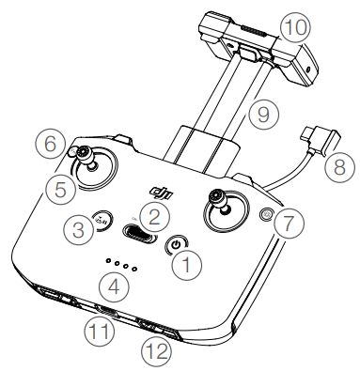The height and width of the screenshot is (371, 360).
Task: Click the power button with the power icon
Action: pos(177,244)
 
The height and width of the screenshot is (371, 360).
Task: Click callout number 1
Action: pos(187,265)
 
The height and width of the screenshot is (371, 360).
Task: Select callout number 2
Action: pos(154,217)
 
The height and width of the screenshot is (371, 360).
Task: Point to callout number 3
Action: pos(78,229)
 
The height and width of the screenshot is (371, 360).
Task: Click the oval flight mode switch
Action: pos(140,233)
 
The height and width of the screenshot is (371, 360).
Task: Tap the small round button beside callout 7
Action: pos(267,215)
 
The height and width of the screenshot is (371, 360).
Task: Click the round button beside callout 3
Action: pos(102,220)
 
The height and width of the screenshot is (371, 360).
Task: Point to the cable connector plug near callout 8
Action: pos(321,139)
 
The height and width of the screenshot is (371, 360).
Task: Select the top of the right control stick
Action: pos(217,197)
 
